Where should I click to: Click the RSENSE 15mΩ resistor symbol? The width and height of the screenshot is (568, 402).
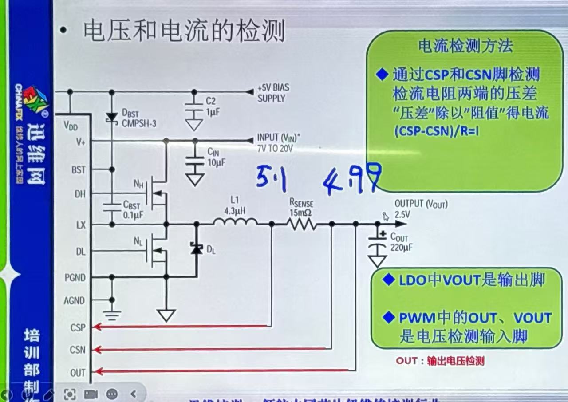(x=302, y=225)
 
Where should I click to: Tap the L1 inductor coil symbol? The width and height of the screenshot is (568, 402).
(x=235, y=221)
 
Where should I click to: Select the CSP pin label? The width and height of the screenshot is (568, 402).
(x=78, y=327)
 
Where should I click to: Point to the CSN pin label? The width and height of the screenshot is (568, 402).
(x=78, y=350)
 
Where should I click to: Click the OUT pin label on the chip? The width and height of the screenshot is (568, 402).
(x=78, y=373)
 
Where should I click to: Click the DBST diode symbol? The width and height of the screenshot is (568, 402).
(x=112, y=118)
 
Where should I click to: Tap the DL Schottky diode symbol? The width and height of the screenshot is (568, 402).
(x=196, y=248)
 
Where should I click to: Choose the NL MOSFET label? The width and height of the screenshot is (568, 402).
(x=138, y=242)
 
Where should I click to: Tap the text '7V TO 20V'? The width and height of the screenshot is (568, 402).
(x=275, y=149)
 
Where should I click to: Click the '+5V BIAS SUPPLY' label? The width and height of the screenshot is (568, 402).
(x=273, y=93)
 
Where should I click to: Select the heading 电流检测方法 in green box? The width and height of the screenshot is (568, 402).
(x=465, y=46)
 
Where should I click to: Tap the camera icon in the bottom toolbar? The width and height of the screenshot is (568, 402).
(x=91, y=394)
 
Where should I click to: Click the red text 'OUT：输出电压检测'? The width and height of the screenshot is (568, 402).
(x=440, y=361)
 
